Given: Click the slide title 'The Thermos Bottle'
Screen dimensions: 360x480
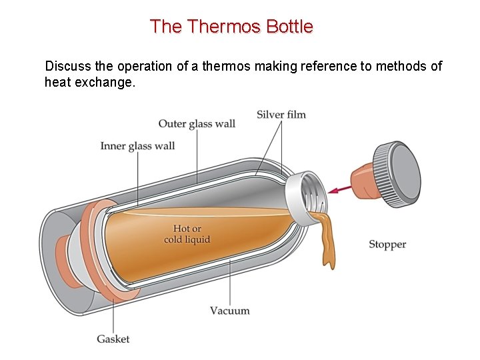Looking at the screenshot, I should coord(231,27).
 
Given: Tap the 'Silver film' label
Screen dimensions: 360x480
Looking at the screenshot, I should coord(281,115).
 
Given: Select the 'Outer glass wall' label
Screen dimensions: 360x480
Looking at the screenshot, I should coord(197,124).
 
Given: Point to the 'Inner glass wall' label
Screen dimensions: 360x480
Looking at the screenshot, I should coord(137,146).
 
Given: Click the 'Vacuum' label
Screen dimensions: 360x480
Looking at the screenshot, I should coord(230,311).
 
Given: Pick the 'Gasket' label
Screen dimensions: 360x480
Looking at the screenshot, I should coord(113,339).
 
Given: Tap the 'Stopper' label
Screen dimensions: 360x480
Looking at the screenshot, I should coord(387,245).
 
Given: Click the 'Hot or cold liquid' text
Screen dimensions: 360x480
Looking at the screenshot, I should coord(187,234).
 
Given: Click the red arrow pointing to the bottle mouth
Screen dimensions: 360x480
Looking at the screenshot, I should coord(343,189).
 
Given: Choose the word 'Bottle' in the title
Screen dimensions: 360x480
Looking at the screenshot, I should coord(289,27).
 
